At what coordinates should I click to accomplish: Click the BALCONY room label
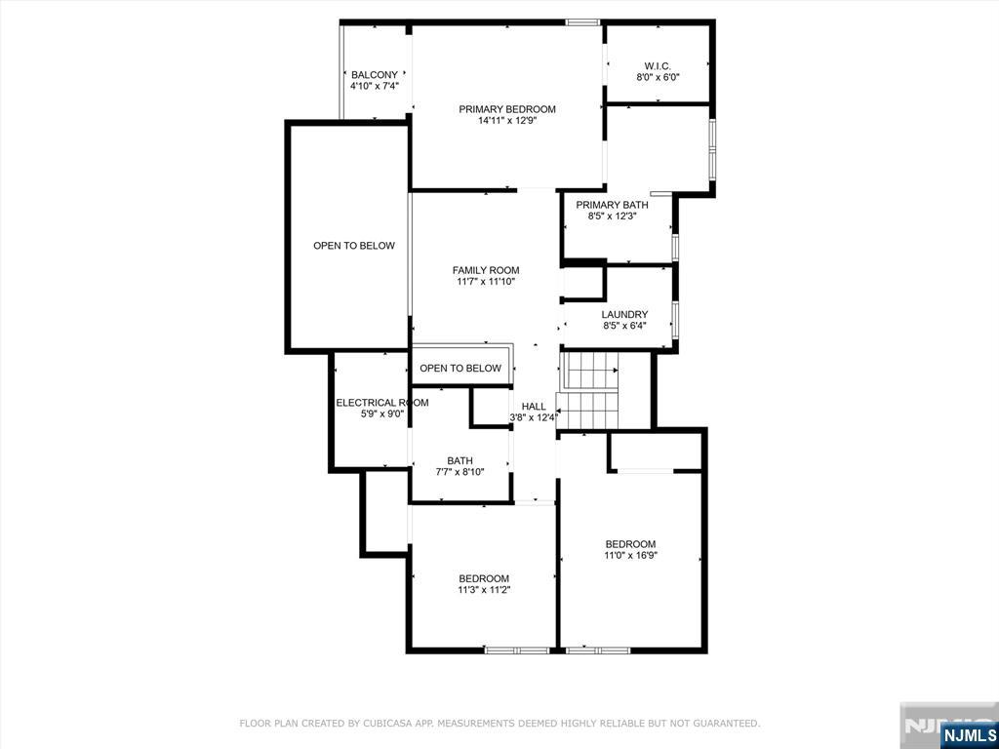375,74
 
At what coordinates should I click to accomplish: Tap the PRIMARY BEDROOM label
507,109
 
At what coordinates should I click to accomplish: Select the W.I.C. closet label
658,65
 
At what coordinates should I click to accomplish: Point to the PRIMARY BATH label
613,205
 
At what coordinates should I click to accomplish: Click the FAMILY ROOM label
486,270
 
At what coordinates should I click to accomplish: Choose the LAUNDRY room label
625,314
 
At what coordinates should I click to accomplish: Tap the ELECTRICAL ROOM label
382,403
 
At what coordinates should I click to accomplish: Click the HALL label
534,407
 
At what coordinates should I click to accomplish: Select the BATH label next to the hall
460,460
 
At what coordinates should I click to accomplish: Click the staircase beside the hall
588,390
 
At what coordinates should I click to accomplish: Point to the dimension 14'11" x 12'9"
507,120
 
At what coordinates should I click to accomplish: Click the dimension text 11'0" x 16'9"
631,555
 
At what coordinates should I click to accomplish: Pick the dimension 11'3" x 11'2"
484,590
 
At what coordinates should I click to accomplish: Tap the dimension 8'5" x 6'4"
625,326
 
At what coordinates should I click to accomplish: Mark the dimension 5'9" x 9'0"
382,414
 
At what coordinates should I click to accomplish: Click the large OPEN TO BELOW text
354,246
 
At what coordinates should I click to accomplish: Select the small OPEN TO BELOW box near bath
460,368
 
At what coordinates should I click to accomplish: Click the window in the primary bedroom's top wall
582,22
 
